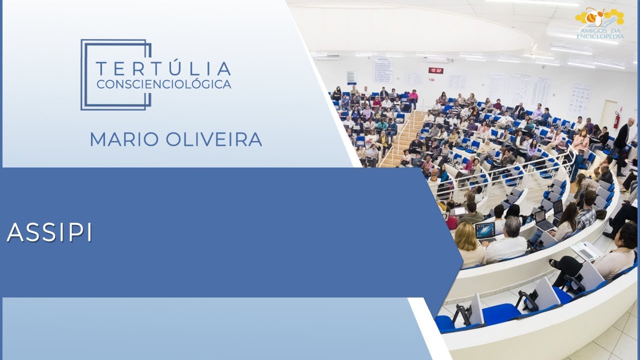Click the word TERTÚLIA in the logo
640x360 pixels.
click(x=163, y=68)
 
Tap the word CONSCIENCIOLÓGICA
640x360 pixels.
click(x=163, y=84)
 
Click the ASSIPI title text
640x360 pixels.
click(x=49, y=232)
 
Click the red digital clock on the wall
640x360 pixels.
click(x=435, y=70)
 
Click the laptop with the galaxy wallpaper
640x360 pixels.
click(x=485, y=231)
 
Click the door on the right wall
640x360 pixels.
click(x=608, y=112)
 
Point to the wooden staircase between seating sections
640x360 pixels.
click(x=400, y=140)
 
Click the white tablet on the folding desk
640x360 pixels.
click(x=586, y=250)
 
